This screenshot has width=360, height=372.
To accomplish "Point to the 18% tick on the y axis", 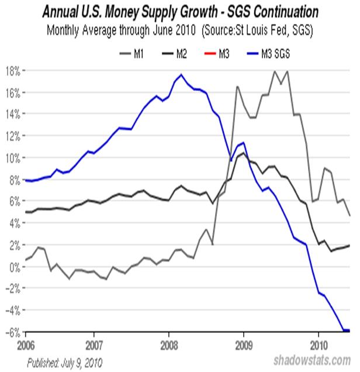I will click(x=13, y=71).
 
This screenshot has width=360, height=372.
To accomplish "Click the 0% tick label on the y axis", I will click(x=15, y=267).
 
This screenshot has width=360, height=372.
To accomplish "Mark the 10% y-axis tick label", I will click(x=13, y=158).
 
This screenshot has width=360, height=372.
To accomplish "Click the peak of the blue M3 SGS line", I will click(x=181, y=74).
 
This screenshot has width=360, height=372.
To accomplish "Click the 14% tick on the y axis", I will click(x=13, y=114).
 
